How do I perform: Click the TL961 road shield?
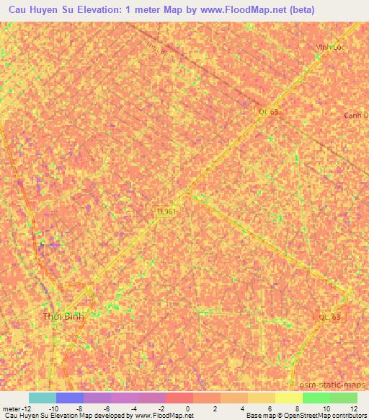click(x=166, y=211)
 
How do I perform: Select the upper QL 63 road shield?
click(x=268, y=111)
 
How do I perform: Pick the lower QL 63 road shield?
click(x=331, y=318)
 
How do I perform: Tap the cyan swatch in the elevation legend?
click(x=43, y=398)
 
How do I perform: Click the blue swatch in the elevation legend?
click(x=70, y=398)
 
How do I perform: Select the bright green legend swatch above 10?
click(x=316, y=398)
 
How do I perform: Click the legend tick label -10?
click(x=53, y=408)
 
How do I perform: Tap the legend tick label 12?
click(x=353, y=408)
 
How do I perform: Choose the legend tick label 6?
click(x=271, y=408)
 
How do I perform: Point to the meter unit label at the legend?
click(x=12, y=408)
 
